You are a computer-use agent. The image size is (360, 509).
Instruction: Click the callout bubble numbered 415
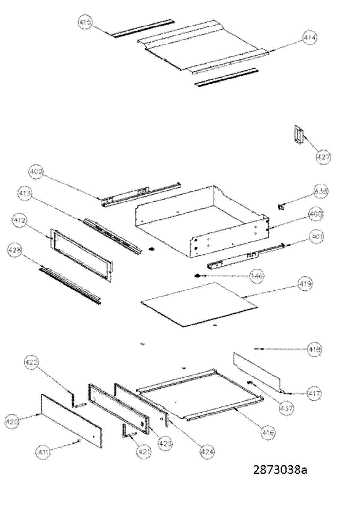[x=85, y=22]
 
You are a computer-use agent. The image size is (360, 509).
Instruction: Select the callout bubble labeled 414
[x=309, y=38]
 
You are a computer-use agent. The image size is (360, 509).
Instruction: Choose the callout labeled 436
[x=320, y=191]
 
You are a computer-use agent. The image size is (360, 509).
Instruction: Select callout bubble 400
[x=316, y=214]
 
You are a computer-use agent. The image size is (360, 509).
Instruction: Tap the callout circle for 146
[x=257, y=276]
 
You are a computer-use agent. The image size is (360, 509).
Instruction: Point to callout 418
[x=315, y=349]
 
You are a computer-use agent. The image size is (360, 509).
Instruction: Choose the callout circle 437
[x=287, y=408]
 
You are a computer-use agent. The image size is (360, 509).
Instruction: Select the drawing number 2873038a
[x=280, y=470]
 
